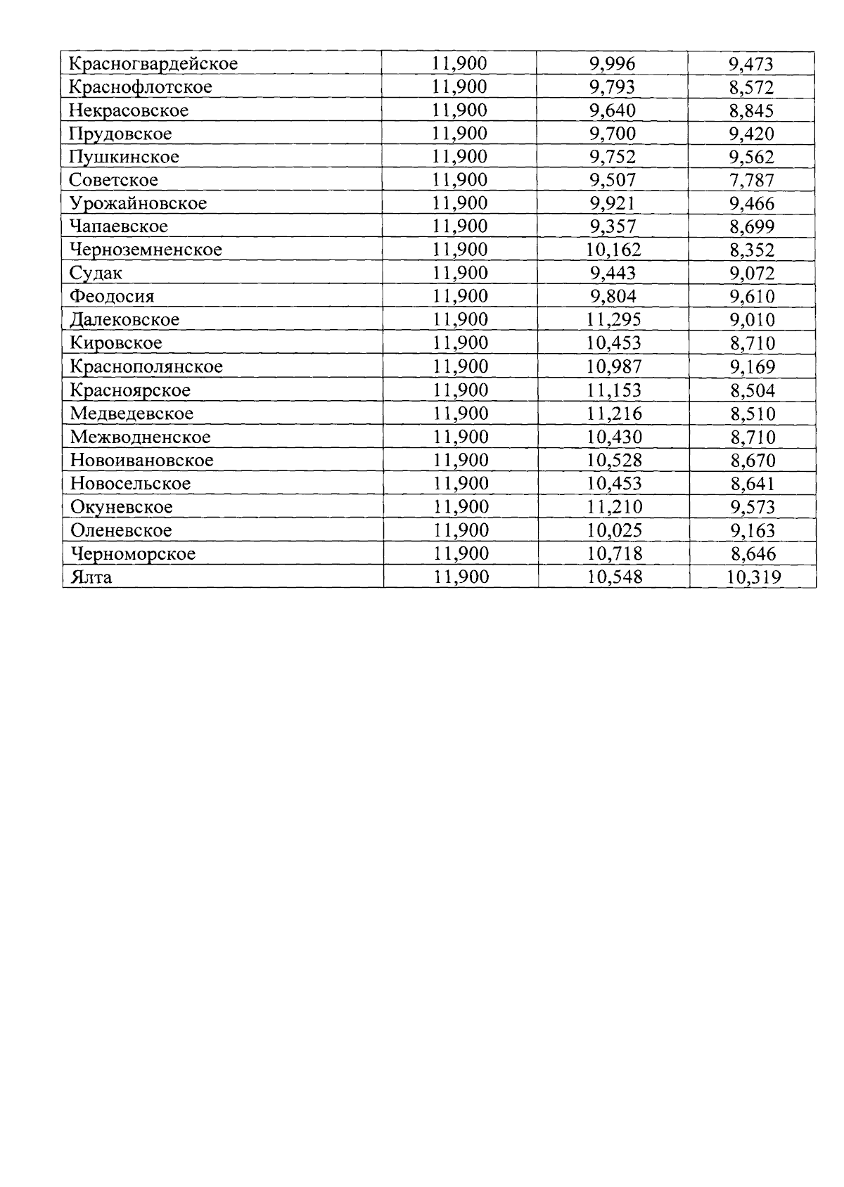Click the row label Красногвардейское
pyautogui.click(x=153, y=64)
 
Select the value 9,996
pyautogui.click(x=612, y=64)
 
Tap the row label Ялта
pyautogui.click(x=91, y=577)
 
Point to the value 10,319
pyautogui.click(x=753, y=578)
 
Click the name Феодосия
pyautogui.click(x=112, y=296)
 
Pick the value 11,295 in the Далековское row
pyautogui.click(x=614, y=320)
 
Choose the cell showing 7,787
pyautogui.click(x=752, y=180)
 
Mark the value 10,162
pyautogui.click(x=613, y=250)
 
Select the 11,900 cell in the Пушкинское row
pyautogui.click(x=460, y=157)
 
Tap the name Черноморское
pyautogui.click(x=133, y=554)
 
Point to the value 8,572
pyautogui.click(x=752, y=87)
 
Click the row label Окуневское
pyautogui.click(x=121, y=507)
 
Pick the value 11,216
pyautogui.click(x=614, y=413)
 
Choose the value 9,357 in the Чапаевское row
pyautogui.click(x=613, y=226)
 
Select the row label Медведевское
pyautogui.click(x=132, y=413)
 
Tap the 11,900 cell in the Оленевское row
pyautogui.click(x=461, y=530)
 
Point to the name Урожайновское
pyautogui.click(x=138, y=203)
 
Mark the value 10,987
pyautogui.click(x=614, y=366)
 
